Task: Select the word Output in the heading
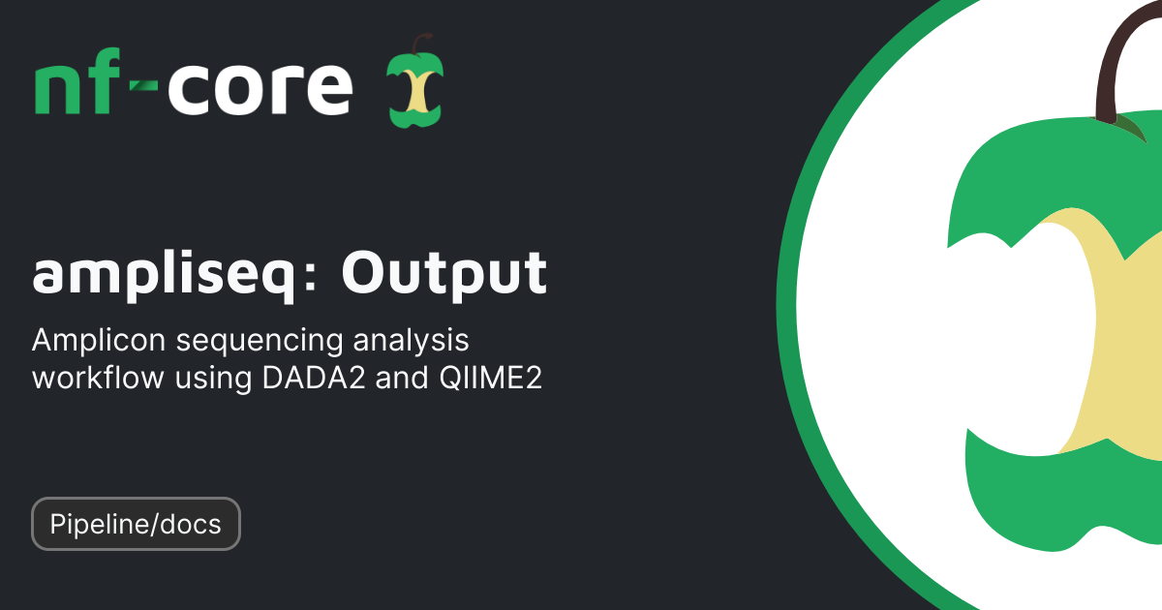pyautogui.click(x=443, y=274)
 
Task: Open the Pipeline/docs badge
pyautogui.click(x=136, y=524)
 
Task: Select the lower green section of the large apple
pyautogui.click(x=1055, y=513)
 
